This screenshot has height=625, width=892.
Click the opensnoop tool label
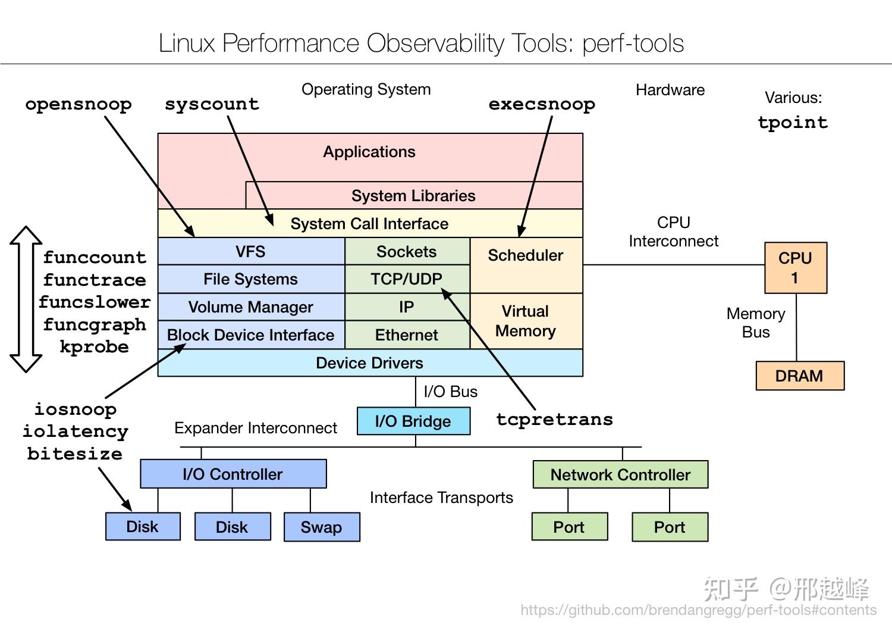point(78,104)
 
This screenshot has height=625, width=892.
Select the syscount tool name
point(212,104)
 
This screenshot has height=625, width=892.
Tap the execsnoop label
point(542,104)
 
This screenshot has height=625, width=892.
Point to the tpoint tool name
point(793,123)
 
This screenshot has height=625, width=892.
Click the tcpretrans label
point(554,419)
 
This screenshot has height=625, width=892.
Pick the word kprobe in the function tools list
point(94,347)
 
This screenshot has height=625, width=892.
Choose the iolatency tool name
point(76,432)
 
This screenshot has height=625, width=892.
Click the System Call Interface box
point(369,224)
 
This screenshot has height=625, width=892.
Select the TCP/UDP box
point(407,279)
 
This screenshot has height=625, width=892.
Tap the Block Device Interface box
point(250,335)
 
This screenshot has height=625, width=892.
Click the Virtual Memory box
point(526,321)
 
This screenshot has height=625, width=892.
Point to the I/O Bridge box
point(413,421)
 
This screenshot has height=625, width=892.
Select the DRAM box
point(799,376)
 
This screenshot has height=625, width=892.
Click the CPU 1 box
point(795,268)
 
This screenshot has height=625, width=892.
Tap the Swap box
point(321,527)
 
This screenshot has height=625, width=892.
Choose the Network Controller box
point(620,475)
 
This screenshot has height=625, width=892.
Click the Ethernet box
point(407,335)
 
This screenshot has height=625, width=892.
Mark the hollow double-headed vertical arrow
point(26,299)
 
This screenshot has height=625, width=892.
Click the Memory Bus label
point(756,323)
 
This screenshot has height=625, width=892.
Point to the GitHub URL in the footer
point(698,610)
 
